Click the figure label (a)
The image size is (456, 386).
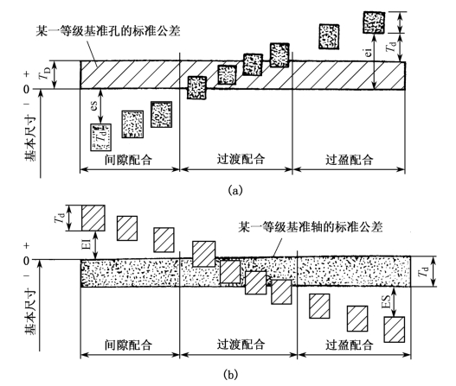[235, 190]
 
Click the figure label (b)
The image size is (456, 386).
[231, 374]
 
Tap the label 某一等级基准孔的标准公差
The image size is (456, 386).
[108, 31]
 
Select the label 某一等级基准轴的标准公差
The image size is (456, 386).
[311, 226]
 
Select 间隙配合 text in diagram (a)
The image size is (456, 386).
[129, 160]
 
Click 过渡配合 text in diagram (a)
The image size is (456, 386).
[241, 160]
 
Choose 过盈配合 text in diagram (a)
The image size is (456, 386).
[350, 160]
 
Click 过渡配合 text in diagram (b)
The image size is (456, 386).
[241, 345]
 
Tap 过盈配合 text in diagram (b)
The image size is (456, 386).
[350, 345]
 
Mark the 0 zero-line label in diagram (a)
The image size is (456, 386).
[26, 89]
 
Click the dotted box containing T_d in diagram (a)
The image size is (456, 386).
[100, 137]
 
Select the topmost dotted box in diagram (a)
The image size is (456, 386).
[374, 22]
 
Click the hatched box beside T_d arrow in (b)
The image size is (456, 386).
[93, 218]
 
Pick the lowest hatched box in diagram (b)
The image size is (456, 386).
[395, 329]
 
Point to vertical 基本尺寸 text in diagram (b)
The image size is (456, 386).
[30, 312]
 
